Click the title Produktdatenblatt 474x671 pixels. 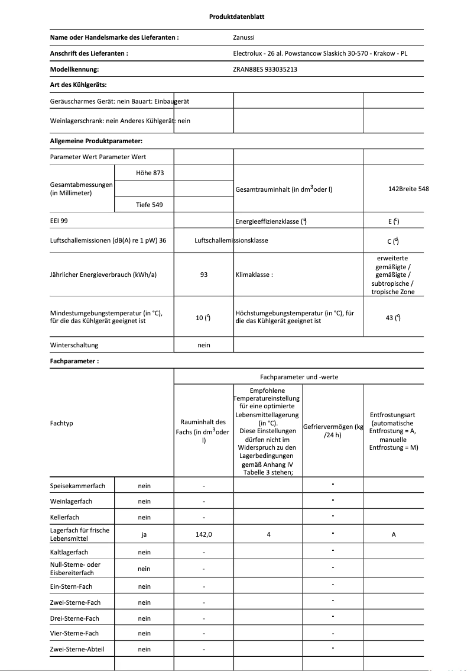(x=236, y=17)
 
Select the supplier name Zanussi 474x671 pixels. (x=245, y=37)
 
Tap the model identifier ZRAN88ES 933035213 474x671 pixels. (x=265, y=69)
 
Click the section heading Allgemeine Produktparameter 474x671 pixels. (x=96, y=141)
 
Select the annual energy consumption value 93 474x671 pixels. (x=204, y=275)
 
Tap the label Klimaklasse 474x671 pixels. (x=254, y=275)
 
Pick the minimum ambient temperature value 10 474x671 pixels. (x=203, y=318)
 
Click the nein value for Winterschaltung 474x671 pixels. (x=204, y=345)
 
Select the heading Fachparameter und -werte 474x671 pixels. (x=299, y=377)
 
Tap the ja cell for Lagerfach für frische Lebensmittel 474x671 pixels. (x=144, y=534)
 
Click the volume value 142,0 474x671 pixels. (x=204, y=534)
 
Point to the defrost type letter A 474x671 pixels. (x=394, y=534)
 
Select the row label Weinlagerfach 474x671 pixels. (x=72, y=501)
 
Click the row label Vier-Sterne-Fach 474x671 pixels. (x=74, y=633)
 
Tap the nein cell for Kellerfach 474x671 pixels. (x=144, y=517)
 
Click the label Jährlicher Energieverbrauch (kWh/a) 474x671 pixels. (x=103, y=275)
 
